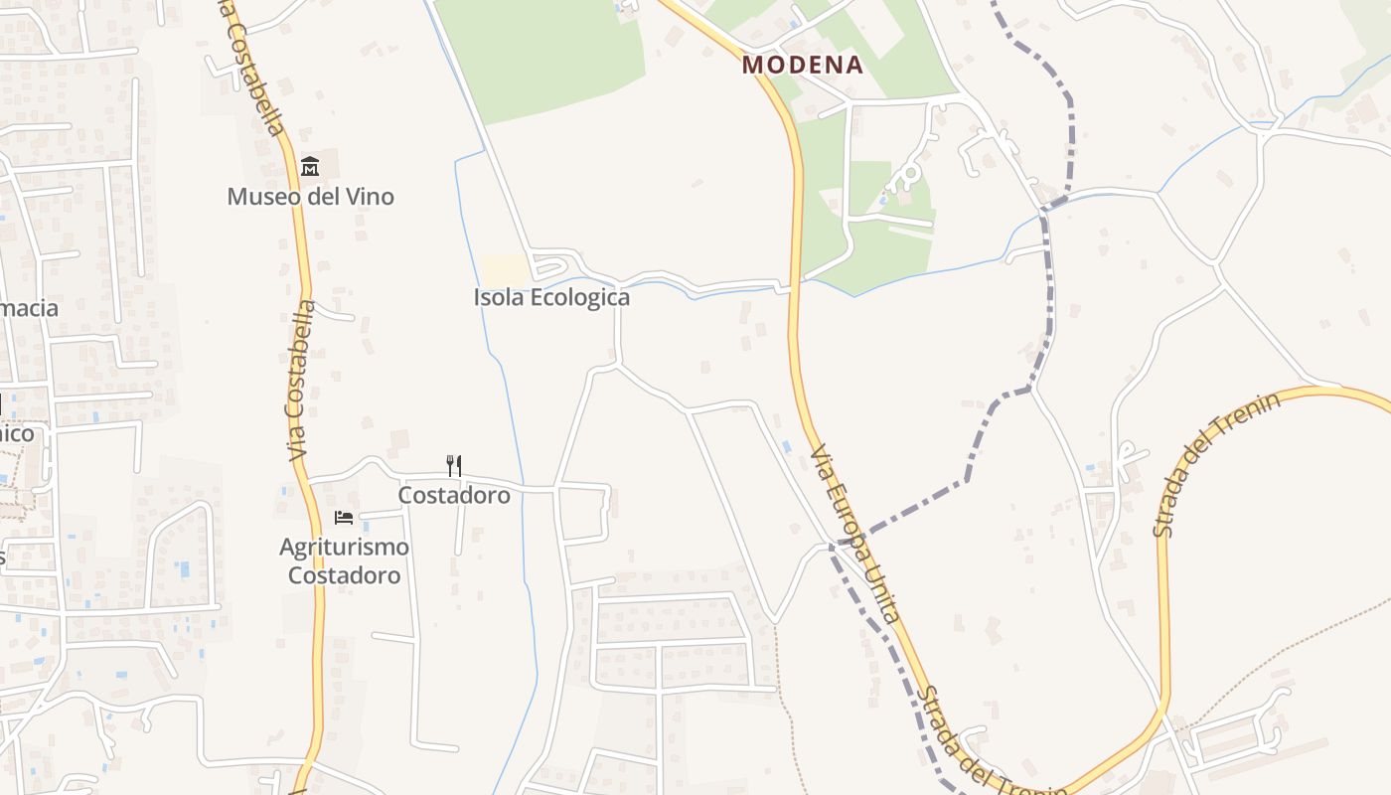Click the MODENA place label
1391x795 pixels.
point(803,66)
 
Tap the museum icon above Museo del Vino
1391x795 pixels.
point(310,166)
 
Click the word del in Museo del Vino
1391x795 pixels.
point(321,197)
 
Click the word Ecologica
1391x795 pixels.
point(580,297)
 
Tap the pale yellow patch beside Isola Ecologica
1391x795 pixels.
point(505,268)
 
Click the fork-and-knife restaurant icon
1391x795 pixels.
point(454,465)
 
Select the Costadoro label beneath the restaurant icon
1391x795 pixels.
point(454,495)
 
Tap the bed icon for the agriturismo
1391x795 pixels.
point(344,518)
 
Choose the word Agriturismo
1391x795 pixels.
point(344,547)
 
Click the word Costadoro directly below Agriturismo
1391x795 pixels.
point(344,575)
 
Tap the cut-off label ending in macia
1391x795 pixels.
point(29,308)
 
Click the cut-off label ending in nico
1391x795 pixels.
point(17,433)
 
